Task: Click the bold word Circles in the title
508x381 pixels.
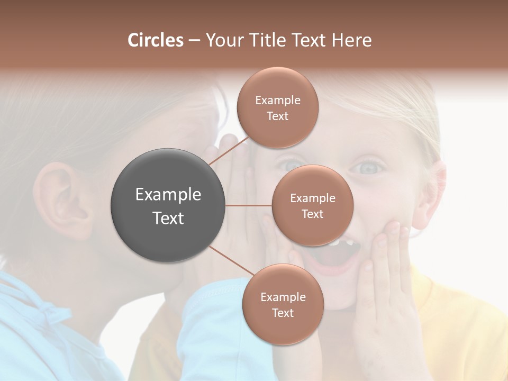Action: coord(156,40)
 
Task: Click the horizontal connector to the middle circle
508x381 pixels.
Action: coord(249,205)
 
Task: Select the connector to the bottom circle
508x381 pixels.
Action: coord(231,261)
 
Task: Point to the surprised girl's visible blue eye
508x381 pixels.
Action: coord(369,167)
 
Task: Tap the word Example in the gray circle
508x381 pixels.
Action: coord(168,195)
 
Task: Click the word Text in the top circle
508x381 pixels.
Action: coord(277,116)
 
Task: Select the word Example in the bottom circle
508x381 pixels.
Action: coord(283,297)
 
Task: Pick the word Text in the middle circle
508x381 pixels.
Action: coord(312,214)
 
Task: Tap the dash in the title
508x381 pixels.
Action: coord(194,41)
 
